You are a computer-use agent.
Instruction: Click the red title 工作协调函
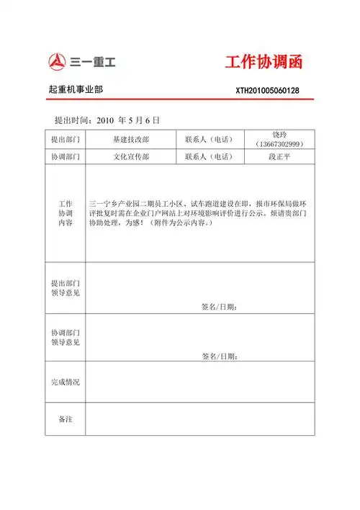coord(262,62)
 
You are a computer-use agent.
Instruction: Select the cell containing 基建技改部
coord(130,139)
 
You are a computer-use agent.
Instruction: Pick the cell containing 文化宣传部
coord(130,156)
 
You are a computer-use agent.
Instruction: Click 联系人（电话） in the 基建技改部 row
coord(210,139)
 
